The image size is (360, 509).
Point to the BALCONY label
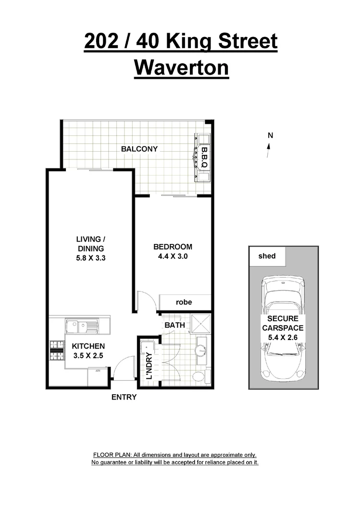[139, 149]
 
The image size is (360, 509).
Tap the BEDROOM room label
[173, 247]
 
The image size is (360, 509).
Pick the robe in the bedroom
[184, 303]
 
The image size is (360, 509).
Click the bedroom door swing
[145, 301]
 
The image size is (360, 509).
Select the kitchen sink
[82, 327]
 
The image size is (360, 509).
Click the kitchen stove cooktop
[57, 351]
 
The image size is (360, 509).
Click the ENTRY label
[124, 397]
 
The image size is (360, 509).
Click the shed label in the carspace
[267, 256]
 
